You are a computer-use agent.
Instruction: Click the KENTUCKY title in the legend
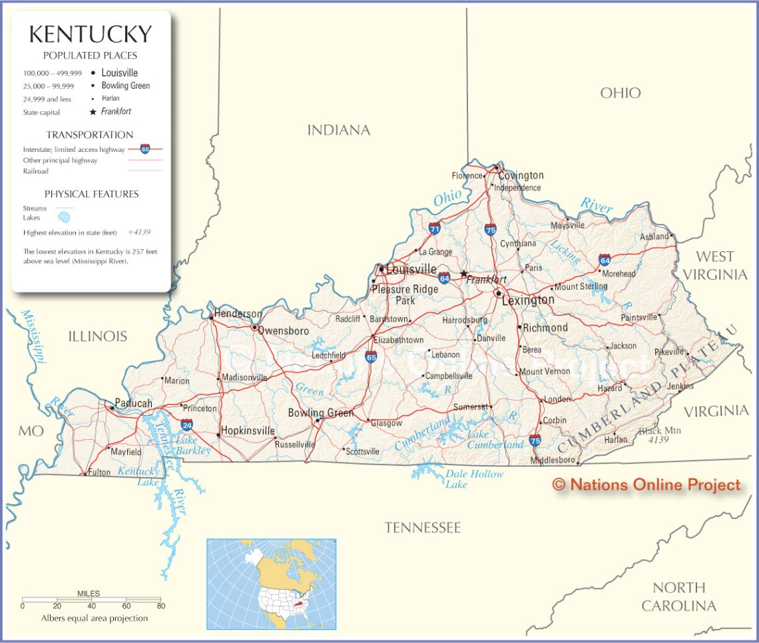click(90, 34)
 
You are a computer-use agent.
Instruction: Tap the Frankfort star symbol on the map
click(463, 273)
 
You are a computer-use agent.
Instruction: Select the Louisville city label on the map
click(411, 269)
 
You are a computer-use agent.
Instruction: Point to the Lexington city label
click(528, 300)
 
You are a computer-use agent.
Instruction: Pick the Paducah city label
click(133, 403)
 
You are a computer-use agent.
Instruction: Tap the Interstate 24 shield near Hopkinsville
click(187, 424)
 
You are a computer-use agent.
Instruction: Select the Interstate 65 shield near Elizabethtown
click(371, 358)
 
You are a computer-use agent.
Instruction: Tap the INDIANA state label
click(338, 130)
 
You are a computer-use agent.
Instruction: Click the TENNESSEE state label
click(422, 528)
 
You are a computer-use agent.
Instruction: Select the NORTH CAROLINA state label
click(678, 596)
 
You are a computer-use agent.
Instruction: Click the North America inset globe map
click(271, 584)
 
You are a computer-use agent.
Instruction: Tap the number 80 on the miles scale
click(160, 606)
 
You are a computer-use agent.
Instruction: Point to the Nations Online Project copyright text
click(646, 485)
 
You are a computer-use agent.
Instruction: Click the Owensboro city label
click(284, 330)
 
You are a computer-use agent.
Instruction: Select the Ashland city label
click(654, 237)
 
